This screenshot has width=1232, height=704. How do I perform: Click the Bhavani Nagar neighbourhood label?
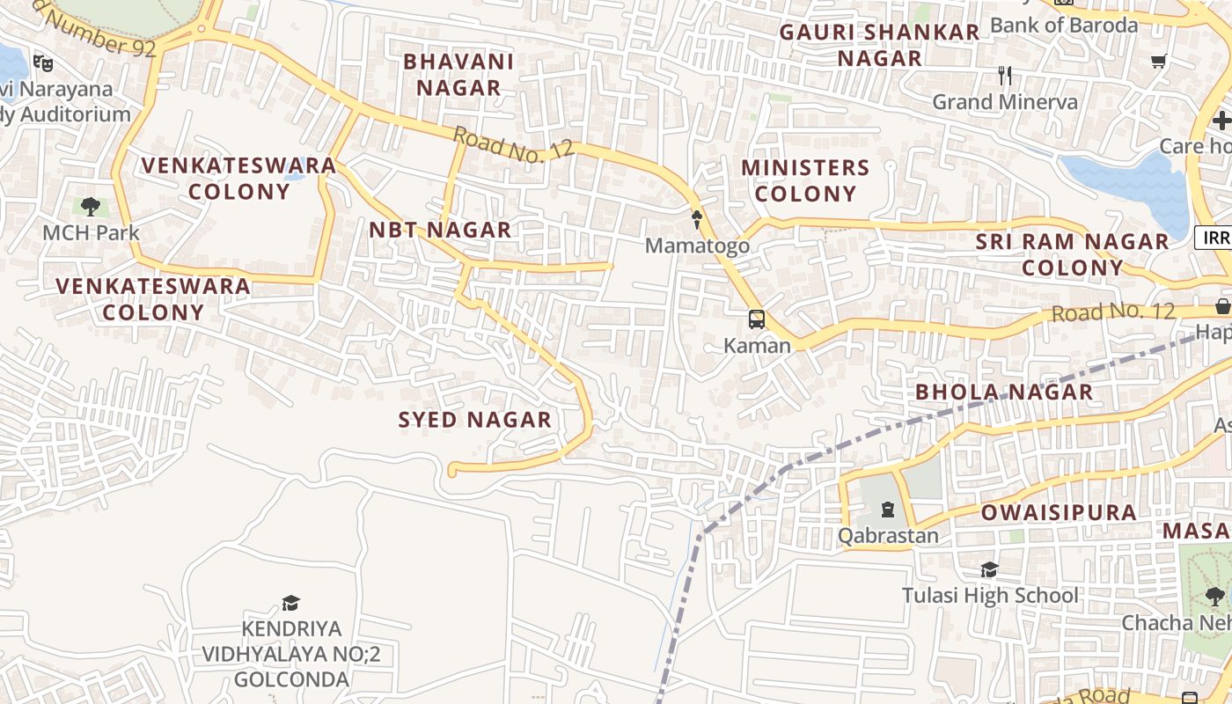458,75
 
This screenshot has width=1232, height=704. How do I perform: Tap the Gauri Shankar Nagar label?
879,45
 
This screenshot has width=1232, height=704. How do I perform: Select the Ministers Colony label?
804,180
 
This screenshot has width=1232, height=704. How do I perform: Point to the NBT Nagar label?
439,230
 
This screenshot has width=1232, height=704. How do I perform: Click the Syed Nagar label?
474,420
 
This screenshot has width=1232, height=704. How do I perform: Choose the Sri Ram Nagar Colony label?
1072,254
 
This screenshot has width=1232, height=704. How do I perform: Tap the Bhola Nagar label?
1004,392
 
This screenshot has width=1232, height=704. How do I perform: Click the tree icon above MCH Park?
91,208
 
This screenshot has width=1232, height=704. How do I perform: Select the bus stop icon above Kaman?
756,319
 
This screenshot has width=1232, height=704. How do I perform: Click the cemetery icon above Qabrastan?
887,510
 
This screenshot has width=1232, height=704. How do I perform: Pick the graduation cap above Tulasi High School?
989,570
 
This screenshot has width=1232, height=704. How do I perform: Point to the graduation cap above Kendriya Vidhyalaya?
290,603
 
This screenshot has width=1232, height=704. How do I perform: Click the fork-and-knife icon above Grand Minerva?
1005,76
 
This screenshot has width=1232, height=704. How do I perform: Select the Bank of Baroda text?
1064,25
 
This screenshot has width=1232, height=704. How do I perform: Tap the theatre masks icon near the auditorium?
41,62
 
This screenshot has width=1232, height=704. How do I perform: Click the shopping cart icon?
1158,61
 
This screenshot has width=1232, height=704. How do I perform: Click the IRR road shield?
1213,237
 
